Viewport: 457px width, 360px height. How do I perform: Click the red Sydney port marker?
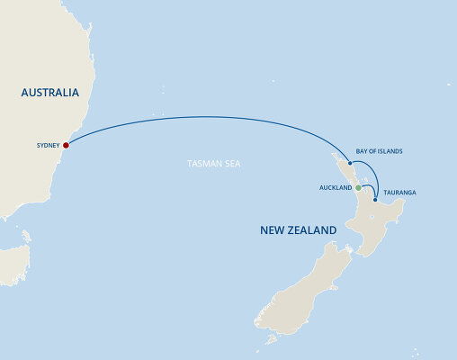(67, 144)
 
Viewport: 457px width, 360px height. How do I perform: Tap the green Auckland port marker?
(358, 188)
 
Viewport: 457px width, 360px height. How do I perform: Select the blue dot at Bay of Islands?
(350, 164)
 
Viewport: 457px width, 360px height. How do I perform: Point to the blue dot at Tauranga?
(375, 187)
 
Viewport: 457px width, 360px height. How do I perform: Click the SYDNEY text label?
(48, 144)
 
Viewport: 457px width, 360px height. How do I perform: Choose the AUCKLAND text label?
(336, 188)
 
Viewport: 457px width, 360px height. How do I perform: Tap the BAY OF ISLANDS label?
(380, 151)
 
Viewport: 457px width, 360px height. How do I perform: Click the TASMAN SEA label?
(214, 164)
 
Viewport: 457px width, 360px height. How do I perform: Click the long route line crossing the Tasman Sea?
(207, 117)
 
